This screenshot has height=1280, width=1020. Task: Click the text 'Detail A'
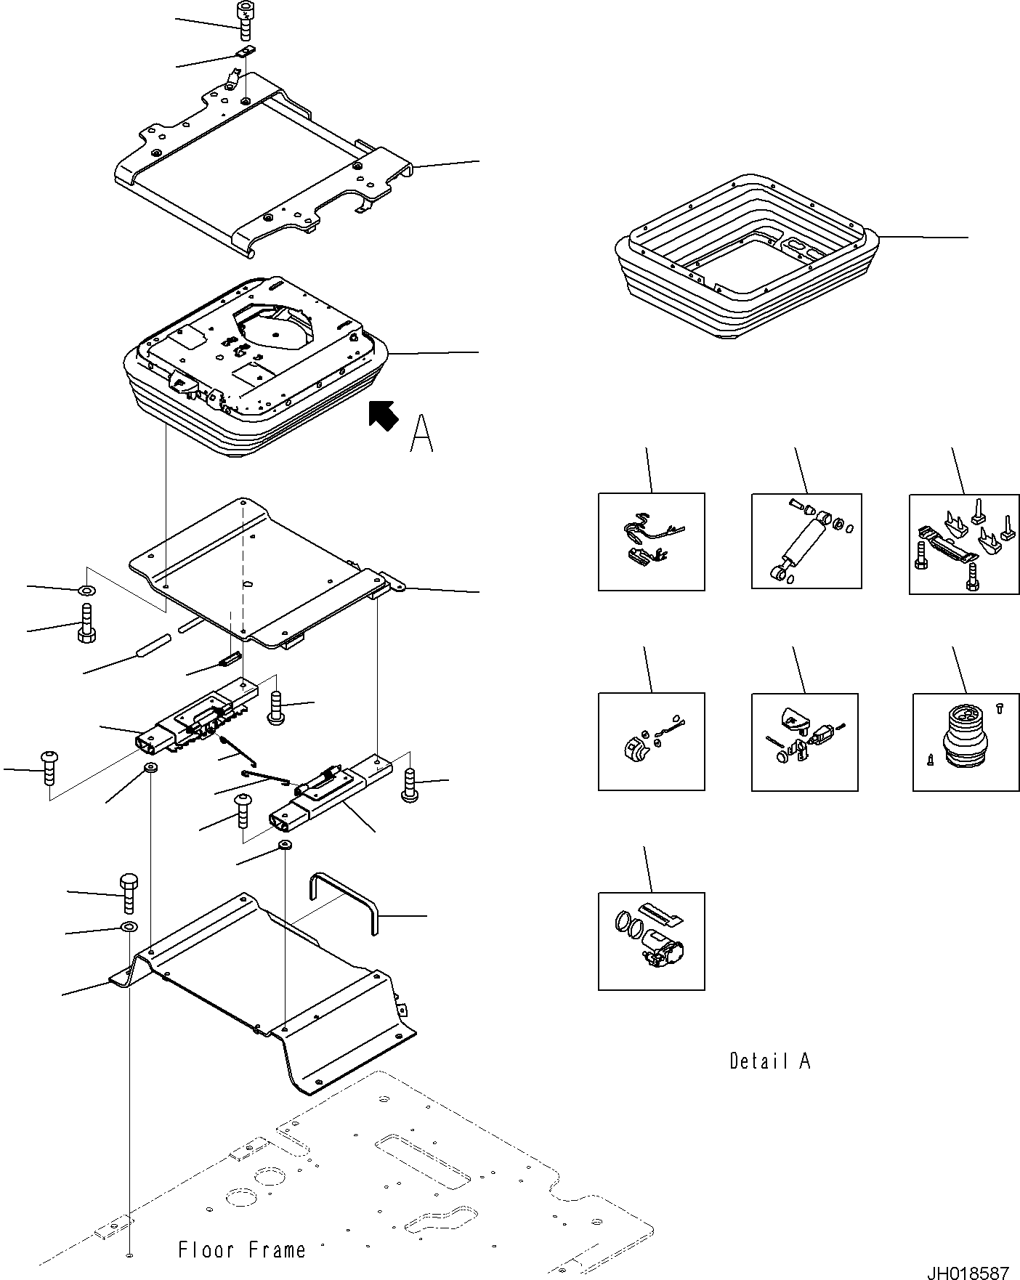pyautogui.click(x=769, y=1061)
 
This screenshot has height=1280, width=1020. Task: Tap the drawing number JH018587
pyautogui.click(x=967, y=1269)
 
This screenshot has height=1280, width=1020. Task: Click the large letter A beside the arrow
pyautogui.click(x=421, y=434)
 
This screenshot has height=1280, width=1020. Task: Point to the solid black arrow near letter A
pyautogui.click(x=383, y=416)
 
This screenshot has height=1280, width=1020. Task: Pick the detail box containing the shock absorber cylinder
pyautogui.click(x=806, y=541)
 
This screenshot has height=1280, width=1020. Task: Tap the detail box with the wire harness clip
pyautogui.click(x=651, y=541)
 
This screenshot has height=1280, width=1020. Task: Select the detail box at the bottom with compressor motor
pyautogui.click(x=651, y=941)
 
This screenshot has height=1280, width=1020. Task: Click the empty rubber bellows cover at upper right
pyautogui.click(x=746, y=262)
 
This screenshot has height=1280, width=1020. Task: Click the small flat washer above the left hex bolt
pyautogui.click(x=86, y=590)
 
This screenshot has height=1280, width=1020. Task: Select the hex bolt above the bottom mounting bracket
pyautogui.click(x=127, y=893)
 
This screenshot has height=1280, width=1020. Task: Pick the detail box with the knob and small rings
pyautogui.click(x=651, y=741)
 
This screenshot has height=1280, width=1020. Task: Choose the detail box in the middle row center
pyautogui.click(x=804, y=741)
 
